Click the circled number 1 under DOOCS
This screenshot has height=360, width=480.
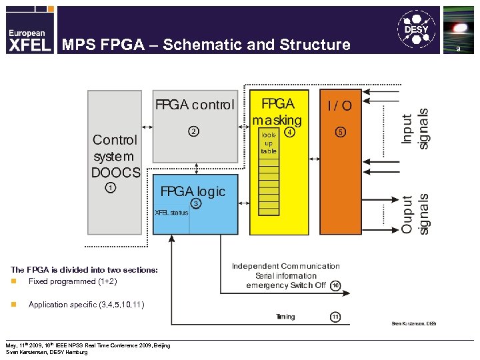coord(111,187)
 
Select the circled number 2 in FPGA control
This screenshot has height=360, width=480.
coord(193,131)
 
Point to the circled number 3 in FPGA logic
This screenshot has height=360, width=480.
coord(196,203)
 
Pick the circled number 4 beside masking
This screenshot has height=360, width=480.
coord(289,132)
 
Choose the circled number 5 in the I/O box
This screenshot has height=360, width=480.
coord(340,132)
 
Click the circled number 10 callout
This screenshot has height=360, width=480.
coord(335,285)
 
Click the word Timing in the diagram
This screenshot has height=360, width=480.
coord(285,317)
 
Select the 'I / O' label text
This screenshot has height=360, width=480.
coord(339,105)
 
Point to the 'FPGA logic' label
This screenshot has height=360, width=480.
coord(193,191)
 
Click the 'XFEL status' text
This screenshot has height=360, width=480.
coord(171,213)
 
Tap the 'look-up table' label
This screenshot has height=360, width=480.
coord(269,143)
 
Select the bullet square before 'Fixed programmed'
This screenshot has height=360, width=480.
coord(13,282)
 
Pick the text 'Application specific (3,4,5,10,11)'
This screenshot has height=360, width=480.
coord(85,305)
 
